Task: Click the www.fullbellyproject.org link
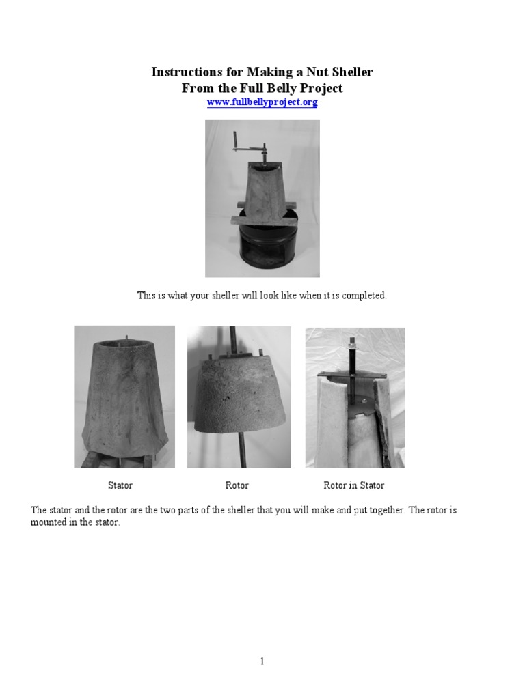pyautogui.click(x=262, y=102)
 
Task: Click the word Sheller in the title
pyautogui.click(x=349, y=72)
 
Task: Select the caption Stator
pyautogui.click(x=120, y=485)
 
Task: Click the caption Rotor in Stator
pyautogui.click(x=353, y=485)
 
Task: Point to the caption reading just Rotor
pyautogui.click(x=237, y=485)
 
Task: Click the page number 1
pyautogui.click(x=262, y=661)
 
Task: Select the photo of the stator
pyautogui.click(x=124, y=397)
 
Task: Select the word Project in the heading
pyautogui.click(x=318, y=88)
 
